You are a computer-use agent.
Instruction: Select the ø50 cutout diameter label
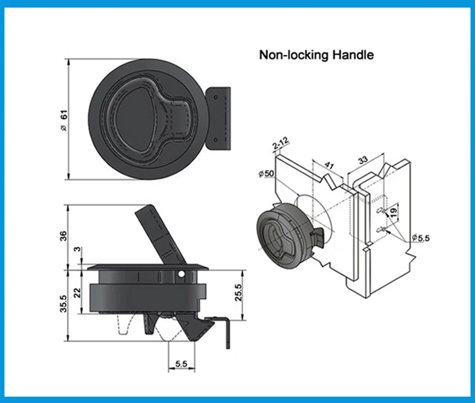267,174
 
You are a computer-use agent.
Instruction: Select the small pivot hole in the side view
182,275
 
